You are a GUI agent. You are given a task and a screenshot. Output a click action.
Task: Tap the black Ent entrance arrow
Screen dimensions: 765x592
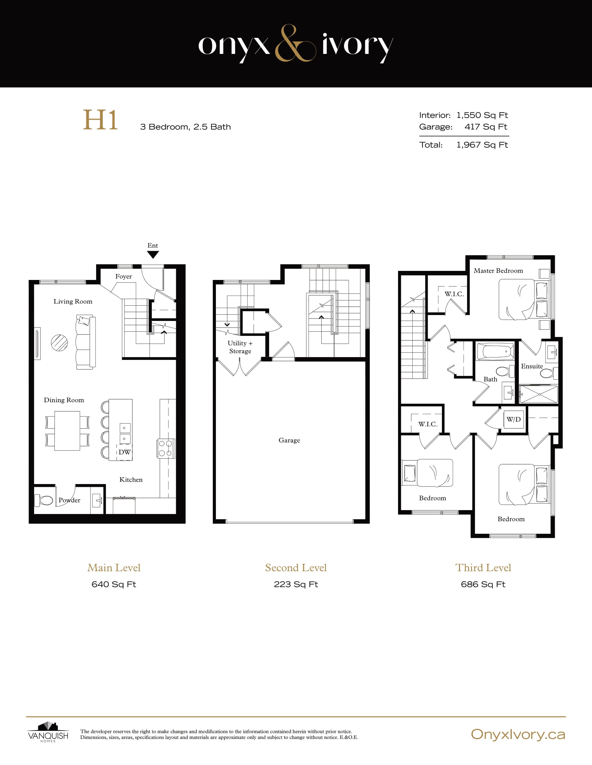tap(153, 255)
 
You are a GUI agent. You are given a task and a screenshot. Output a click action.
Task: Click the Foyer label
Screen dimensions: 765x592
tap(124, 276)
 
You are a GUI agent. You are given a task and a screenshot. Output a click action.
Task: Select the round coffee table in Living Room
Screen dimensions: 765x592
tap(59, 343)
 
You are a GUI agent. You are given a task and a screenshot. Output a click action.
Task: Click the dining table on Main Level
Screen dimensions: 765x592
tap(67, 431)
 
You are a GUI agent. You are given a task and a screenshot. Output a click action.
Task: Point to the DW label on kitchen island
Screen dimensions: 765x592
tap(124, 452)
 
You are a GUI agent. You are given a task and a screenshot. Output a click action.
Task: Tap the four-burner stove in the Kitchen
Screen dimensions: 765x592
tap(165, 448)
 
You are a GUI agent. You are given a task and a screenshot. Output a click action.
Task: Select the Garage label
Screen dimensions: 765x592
tap(289, 440)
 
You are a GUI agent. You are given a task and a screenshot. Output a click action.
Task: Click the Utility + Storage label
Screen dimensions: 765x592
tap(240, 347)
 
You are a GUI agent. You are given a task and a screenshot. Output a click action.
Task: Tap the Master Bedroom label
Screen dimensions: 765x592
tap(498, 271)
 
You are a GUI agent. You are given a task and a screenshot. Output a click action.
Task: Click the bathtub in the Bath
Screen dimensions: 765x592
tap(495, 351)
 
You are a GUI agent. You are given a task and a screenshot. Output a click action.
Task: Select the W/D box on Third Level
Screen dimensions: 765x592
tap(513, 419)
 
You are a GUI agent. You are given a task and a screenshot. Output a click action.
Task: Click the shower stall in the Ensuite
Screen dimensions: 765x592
tap(539, 394)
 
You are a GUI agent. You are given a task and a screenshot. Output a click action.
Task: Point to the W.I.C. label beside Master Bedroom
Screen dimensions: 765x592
tap(454, 294)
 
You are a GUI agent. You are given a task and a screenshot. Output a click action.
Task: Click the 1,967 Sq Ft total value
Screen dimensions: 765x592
tap(482, 145)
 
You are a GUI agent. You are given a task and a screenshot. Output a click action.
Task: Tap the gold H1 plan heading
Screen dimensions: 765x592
tap(100, 120)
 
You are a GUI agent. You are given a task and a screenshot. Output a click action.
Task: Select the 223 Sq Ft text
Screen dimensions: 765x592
tap(296, 584)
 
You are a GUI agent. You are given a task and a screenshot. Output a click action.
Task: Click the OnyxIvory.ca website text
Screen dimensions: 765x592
tap(517, 734)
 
